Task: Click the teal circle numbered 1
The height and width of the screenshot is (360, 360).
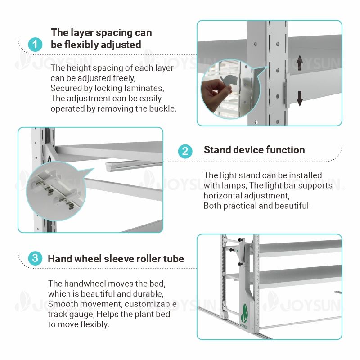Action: click(x=35, y=45)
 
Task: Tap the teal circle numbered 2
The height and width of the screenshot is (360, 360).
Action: click(x=185, y=151)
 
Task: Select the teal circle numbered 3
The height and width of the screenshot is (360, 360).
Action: click(x=35, y=259)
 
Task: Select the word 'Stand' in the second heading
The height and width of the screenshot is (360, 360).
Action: click(x=218, y=150)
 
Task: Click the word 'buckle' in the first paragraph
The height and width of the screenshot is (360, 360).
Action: click(x=162, y=108)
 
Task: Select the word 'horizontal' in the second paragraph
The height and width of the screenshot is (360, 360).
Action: click(x=225, y=196)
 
